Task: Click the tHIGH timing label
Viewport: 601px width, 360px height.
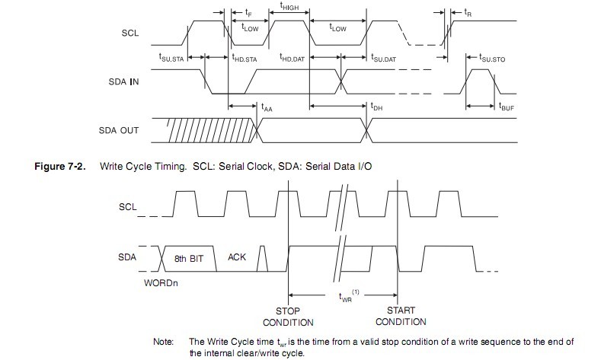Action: click(289, 7)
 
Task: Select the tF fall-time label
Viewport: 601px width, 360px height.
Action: click(249, 13)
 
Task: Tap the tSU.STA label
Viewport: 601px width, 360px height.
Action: click(171, 58)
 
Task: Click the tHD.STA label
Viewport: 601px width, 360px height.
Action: click(245, 58)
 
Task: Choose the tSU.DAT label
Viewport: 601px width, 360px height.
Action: click(384, 58)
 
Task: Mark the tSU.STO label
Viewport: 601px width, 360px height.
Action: click(494, 58)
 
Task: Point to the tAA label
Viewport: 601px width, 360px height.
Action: click(267, 108)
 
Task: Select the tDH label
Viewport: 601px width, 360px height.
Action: click(376, 108)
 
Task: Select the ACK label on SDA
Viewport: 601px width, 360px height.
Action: click(237, 257)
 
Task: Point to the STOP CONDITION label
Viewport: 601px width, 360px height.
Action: click(288, 317)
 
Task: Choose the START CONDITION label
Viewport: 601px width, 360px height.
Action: click(401, 317)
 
